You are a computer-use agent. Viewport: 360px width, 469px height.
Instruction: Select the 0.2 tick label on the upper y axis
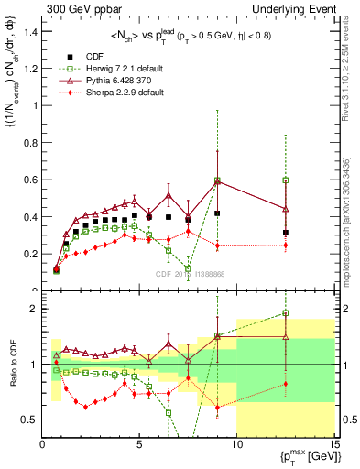tap(30, 253)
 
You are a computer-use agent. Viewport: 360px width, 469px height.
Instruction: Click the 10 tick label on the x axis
tap(236, 445)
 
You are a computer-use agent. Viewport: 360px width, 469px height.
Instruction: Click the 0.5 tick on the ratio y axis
tap(30, 420)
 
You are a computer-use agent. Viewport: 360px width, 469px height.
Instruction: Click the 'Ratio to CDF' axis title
tap(10, 364)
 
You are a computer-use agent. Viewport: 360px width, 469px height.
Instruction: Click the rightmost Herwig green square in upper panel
tap(286, 180)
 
